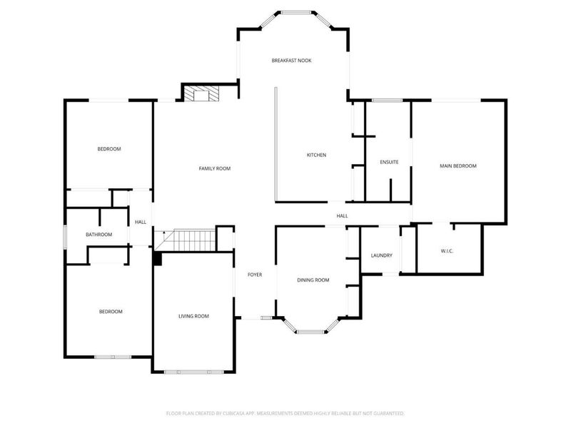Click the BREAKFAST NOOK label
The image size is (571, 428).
pyautogui.click(x=291, y=61)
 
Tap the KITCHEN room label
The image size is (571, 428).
pyautogui.click(x=316, y=155)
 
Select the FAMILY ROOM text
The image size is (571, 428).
pyautogui.click(x=214, y=168)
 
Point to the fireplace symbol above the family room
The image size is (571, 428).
pyautogui.click(x=202, y=95)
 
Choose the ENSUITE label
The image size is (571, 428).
pyautogui.click(x=389, y=163)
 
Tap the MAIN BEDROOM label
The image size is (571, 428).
pyautogui.click(x=458, y=165)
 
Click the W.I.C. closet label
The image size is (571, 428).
pyautogui.click(x=448, y=251)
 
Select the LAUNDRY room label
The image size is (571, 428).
pyautogui.click(x=381, y=255)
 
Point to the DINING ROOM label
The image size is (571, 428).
pyautogui.click(x=313, y=280)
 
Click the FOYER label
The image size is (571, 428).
pyautogui.click(x=255, y=275)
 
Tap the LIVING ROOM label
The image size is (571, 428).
pyautogui.click(x=193, y=316)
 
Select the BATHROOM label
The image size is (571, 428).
pyautogui.click(x=98, y=235)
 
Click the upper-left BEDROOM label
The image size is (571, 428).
pyautogui.click(x=109, y=149)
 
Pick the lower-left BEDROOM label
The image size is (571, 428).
pyautogui.click(x=111, y=312)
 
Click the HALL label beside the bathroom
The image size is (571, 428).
pyautogui.click(x=141, y=222)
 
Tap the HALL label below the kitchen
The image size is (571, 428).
pyautogui.click(x=342, y=215)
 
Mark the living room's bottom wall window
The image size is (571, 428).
pyautogui.click(x=193, y=372)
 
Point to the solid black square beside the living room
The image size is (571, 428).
pyautogui.click(x=158, y=259)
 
